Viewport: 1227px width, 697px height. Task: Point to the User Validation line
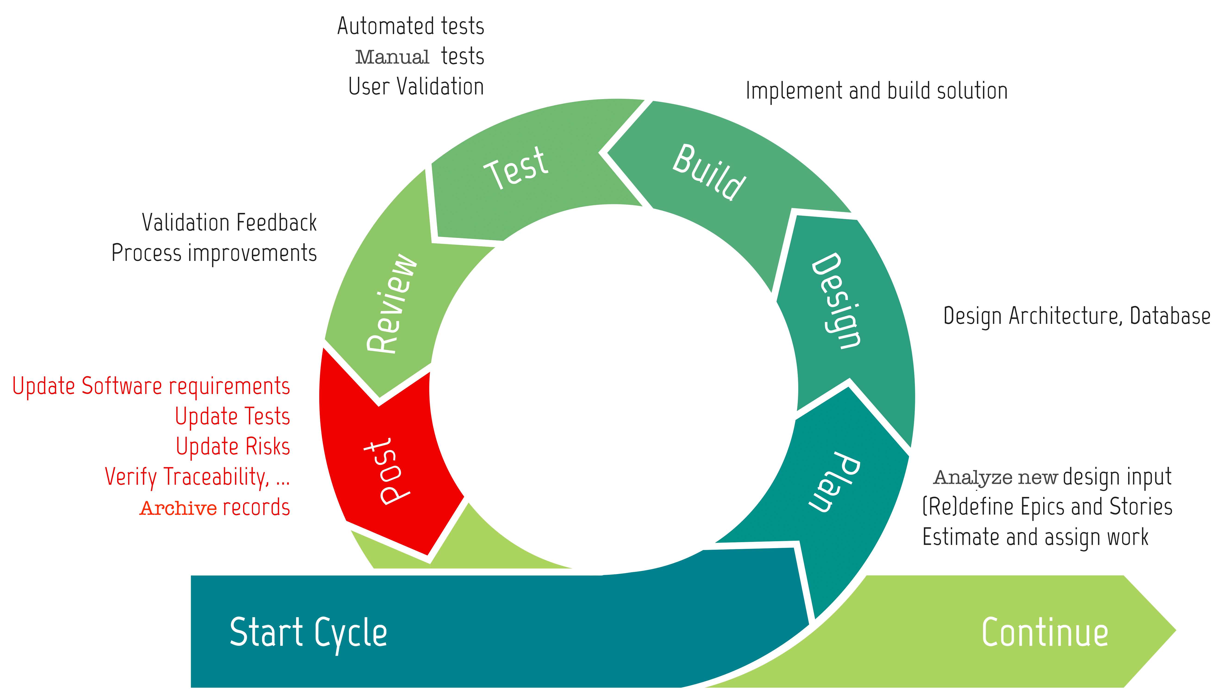click(x=416, y=87)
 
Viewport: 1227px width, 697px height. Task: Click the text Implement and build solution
click(x=876, y=91)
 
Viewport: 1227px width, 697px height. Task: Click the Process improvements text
click(x=214, y=253)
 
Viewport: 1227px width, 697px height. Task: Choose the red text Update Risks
click(x=233, y=446)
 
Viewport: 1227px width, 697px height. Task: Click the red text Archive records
click(x=215, y=507)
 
